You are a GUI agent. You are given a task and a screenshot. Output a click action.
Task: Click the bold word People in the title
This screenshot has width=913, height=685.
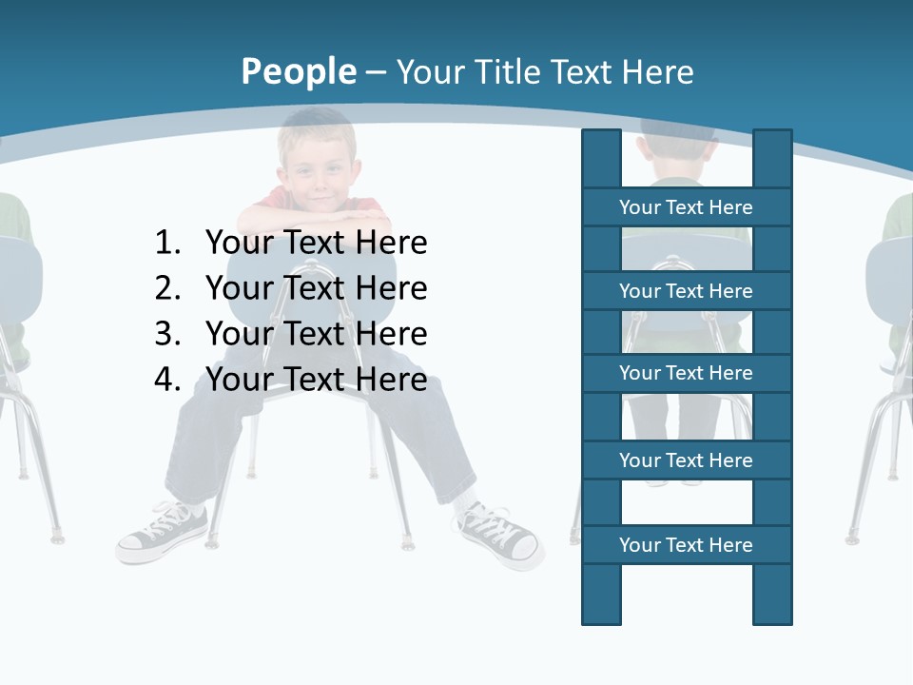(298, 71)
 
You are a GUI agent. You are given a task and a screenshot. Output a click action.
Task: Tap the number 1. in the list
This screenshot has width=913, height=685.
(167, 244)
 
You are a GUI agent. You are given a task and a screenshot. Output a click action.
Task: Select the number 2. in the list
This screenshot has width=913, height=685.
(167, 288)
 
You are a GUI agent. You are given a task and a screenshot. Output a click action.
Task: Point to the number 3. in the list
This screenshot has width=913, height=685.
(167, 334)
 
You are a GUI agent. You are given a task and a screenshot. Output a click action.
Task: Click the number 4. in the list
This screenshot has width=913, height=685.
(167, 380)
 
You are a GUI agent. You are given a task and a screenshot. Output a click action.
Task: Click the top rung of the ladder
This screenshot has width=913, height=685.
(686, 207)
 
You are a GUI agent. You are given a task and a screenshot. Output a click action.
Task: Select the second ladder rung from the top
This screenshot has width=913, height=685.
(686, 291)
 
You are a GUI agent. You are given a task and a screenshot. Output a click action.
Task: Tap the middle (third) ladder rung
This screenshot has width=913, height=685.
(686, 373)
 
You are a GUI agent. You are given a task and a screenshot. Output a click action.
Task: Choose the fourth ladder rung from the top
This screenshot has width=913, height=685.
(686, 460)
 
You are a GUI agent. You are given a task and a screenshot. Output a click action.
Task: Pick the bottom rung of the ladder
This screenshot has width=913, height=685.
(686, 545)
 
